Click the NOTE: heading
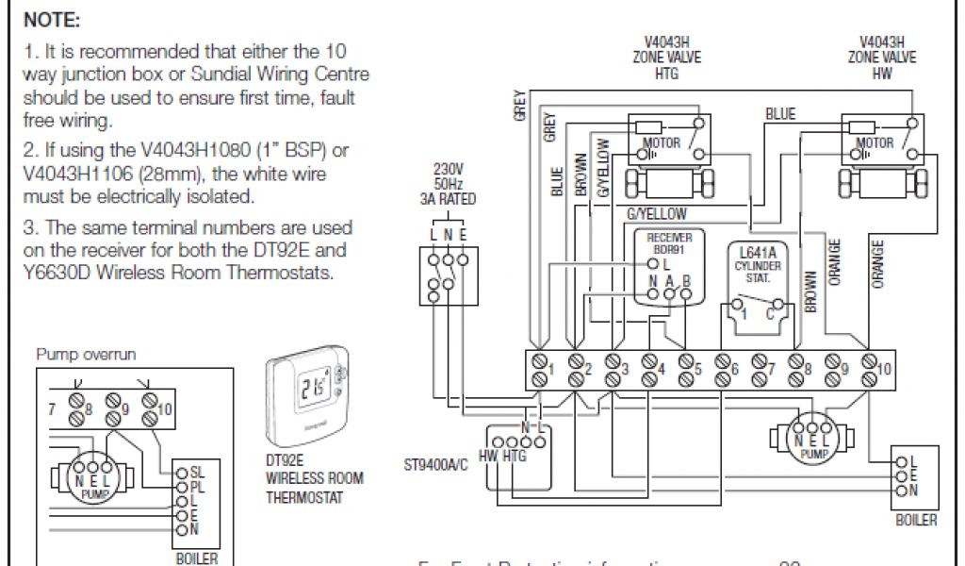[x=52, y=20]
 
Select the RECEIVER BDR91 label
[x=669, y=244]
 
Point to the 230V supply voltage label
[x=449, y=168]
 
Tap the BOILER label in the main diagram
[x=915, y=520]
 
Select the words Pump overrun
[x=86, y=355]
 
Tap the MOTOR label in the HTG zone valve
[x=661, y=143]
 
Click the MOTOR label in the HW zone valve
[x=875, y=143]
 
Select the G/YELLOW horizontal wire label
[x=656, y=214]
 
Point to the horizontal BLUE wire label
[x=779, y=114]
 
